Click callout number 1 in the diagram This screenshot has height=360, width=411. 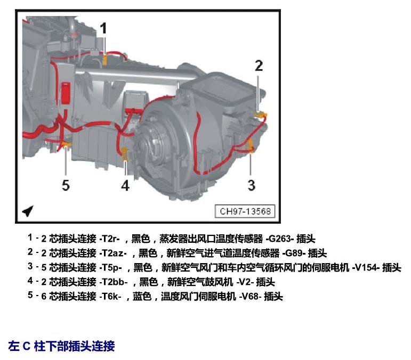click(x=104, y=28)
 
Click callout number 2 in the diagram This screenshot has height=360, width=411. click(x=259, y=66)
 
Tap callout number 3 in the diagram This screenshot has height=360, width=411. click(x=252, y=185)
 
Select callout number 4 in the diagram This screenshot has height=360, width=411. click(x=125, y=185)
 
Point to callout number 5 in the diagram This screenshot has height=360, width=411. click(x=66, y=185)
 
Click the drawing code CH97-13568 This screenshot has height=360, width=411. click(x=245, y=211)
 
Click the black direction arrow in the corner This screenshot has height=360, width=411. click(x=28, y=211)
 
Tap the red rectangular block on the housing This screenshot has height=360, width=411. click(x=66, y=93)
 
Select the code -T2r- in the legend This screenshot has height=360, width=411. click(x=110, y=239)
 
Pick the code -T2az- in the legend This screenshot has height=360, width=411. click(x=113, y=253)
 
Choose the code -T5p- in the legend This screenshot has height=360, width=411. click(x=111, y=267)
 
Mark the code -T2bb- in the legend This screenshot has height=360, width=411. click(x=114, y=282)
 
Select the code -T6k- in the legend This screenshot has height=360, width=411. click(x=110, y=297)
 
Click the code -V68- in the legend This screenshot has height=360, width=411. click(x=251, y=297)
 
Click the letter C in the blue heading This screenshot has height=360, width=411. click(x=27, y=346)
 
